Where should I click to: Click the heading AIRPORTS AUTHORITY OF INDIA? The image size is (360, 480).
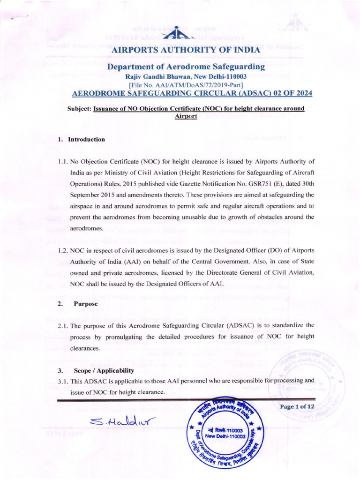[x=182, y=50]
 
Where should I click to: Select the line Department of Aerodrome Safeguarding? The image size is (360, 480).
[x=186, y=67]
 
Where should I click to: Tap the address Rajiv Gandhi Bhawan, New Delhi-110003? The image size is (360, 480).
[x=185, y=76]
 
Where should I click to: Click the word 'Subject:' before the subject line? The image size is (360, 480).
[x=80, y=109]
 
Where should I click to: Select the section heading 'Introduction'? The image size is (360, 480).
[x=87, y=139]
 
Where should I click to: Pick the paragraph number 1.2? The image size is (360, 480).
[x=63, y=251]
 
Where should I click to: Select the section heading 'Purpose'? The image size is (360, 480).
[x=86, y=304]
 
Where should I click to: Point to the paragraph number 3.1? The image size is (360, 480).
[x=63, y=381]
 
